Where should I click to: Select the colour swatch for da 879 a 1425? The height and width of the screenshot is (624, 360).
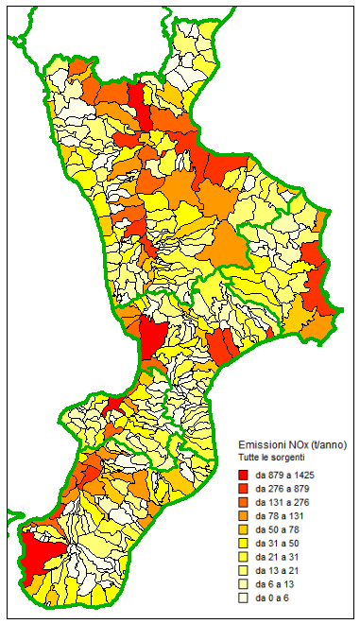click(x=244, y=473)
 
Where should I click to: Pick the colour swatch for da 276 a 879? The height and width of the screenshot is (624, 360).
click(x=244, y=487)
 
